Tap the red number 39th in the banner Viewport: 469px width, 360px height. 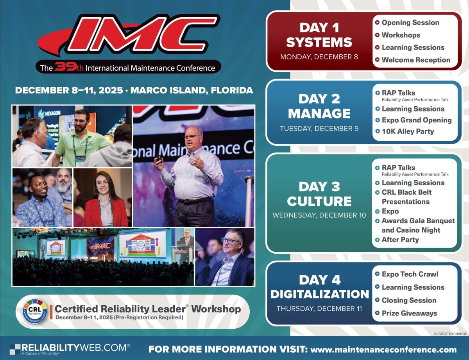pyautogui.click(x=69, y=67)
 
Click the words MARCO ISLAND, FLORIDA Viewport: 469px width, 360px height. pyautogui.click(x=192, y=90)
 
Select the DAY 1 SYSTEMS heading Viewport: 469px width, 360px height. pyautogui.click(x=319, y=35)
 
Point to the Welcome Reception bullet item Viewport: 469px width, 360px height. pyautogui.click(x=416, y=60)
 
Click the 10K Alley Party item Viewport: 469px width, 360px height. pyautogui.click(x=408, y=131)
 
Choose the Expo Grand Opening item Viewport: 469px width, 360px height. pyautogui.click(x=417, y=120)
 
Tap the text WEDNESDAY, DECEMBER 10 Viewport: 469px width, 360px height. pyautogui.click(x=319, y=215)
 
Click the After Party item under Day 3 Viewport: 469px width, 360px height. pyautogui.click(x=400, y=240)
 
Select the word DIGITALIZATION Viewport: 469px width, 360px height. pyautogui.click(x=319, y=294)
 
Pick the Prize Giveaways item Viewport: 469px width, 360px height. pyautogui.click(x=409, y=313)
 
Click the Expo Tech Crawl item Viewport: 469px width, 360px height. pyautogui.click(x=410, y=274)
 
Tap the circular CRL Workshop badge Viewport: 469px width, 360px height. pyautogui.click(x=35, y=311)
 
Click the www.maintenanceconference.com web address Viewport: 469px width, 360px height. pyautogui.click(x=383, y=349)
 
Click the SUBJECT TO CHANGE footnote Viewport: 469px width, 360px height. pyautogui.click(x=450, y=334)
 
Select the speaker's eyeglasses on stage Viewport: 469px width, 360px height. pyautogui.click(x=192, y=137)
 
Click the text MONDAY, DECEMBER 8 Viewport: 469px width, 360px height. pyautogui.click(x=319, y=57)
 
